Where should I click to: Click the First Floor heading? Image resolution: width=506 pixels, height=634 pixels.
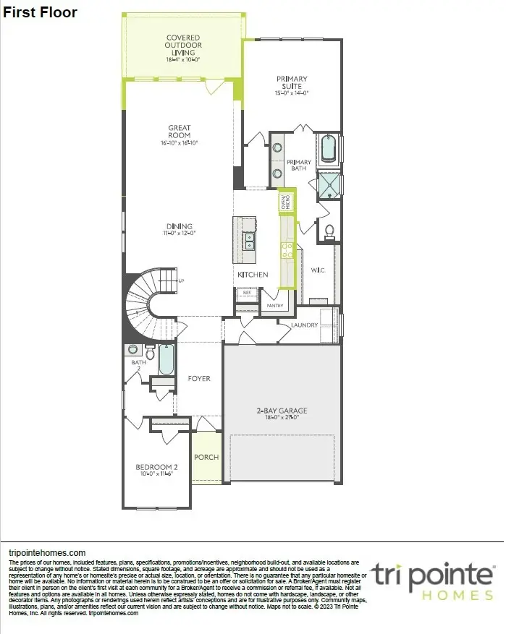[x=41, y=12]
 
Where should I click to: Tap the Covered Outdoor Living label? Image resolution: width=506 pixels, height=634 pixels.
[x=182, y=47]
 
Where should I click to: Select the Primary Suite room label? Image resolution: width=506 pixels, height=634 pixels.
[x=292, y=84]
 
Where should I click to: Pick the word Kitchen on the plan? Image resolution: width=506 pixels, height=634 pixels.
[x=253, y=275]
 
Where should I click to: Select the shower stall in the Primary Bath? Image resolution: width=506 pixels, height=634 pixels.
[x=330, y=185]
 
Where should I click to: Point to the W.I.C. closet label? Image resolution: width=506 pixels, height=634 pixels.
[x=317, y=270]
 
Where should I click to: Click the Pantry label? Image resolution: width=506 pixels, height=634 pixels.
[x=274, y=306]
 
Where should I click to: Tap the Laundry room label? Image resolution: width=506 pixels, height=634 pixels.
[x=304, y=325]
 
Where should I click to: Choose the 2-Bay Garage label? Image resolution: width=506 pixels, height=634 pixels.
[x=277, y=414]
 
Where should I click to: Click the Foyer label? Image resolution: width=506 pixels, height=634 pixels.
[x=199, y=378]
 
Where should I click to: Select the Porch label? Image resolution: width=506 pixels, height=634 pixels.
[x=206, y=457]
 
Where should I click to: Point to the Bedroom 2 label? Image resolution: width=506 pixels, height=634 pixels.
[x=156, y=470]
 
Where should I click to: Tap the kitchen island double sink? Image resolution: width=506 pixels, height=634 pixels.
[x=249, y=240]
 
